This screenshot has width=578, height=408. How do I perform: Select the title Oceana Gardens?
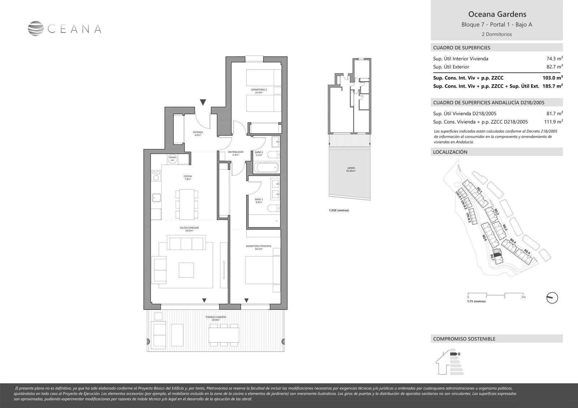pyautogui.click(x=497, y=14)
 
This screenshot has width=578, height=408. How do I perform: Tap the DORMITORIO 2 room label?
pyautogui.click(x=259, y=91)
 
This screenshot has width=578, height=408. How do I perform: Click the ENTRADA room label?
pyautogui.click(x=198, y=133)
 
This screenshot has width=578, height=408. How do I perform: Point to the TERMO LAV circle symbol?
pyautogui.click(x=173, y=159)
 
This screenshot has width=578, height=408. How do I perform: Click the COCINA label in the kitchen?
pyautogui.click(x=187, y=177)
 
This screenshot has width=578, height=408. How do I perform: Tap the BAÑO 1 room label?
pyautogui.click(x=259, y=201)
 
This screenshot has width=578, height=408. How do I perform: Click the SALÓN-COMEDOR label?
pyautogui.click(x=189, y=229)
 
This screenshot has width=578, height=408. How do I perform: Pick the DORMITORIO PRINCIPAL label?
pyautogui.click(x=258, y=247)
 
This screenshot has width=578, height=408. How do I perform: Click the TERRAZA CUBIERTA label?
pyautogui.click(x=215, y=318)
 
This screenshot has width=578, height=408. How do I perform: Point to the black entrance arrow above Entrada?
pyautogui.click(x=203, y=102)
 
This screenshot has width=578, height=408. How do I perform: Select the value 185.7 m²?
pyautogui.click(x=553, y=86)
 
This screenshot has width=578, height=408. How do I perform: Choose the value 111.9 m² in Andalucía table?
pyautogui.click(x=554, y=122)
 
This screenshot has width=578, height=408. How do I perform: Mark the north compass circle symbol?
pyautogui.click(x=552, y=298)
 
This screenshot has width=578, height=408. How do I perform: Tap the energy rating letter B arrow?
pyautogui.click(x=454, y=354)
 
